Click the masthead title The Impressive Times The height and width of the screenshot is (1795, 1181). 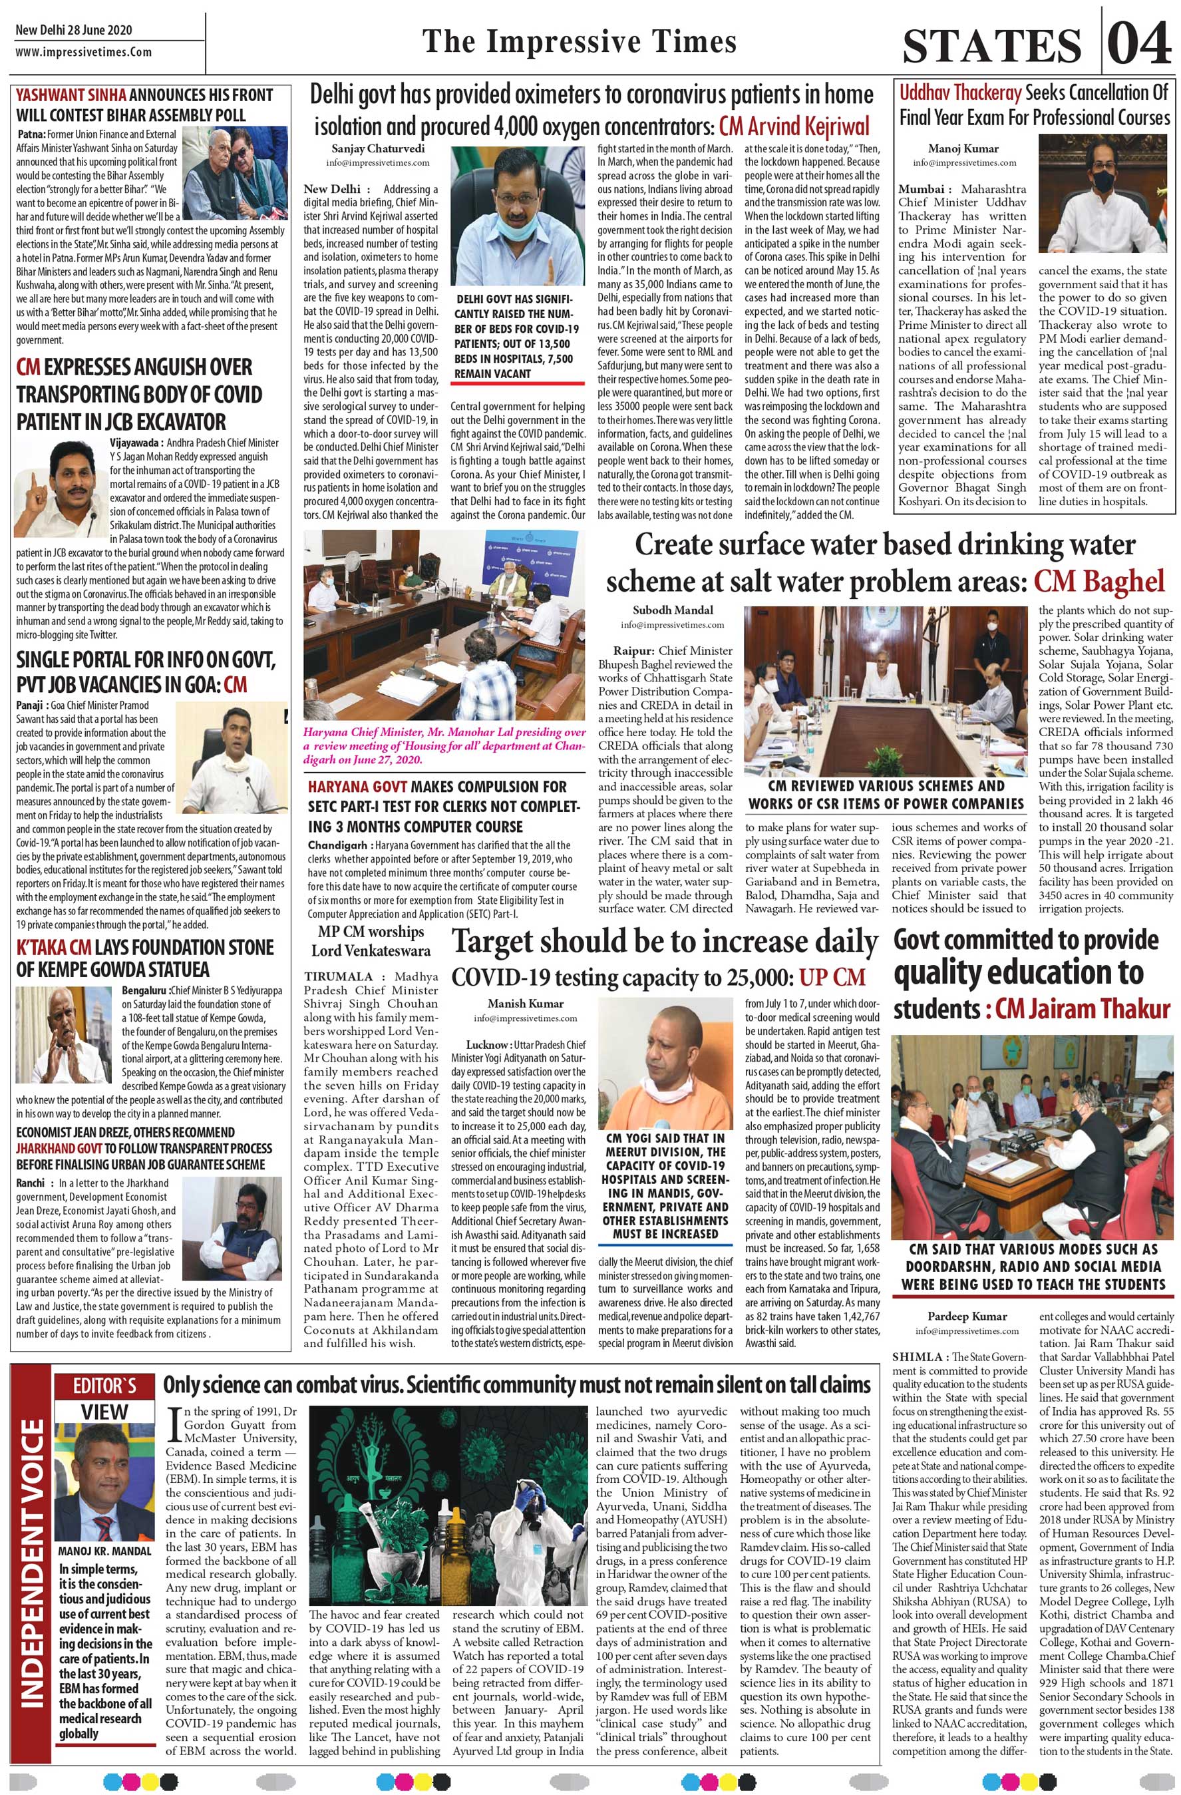(578, 41)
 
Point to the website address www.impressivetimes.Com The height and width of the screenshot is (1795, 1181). (83, 53)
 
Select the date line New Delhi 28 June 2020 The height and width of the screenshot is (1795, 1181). (74, 30)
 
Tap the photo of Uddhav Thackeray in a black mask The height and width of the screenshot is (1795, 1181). (1102, 197)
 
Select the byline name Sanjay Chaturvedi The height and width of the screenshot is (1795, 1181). (378, 148)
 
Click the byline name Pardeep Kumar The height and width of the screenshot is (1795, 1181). (967, 1316)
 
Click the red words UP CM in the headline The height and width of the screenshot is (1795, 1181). (832, 978)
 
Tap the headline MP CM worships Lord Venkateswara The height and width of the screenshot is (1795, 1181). (371, 941)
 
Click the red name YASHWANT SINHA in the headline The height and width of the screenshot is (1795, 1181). (72, 95)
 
